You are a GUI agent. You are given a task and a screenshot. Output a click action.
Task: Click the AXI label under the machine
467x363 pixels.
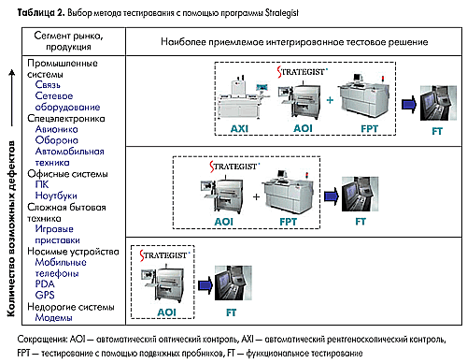(x=239, y=128)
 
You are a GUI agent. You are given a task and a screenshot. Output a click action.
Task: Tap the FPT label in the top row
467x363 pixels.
(x=369, y=128)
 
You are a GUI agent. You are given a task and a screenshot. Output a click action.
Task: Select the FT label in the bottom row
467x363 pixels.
(x=231, y=312)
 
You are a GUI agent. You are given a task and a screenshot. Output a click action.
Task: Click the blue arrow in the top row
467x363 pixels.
(x=409, y=104)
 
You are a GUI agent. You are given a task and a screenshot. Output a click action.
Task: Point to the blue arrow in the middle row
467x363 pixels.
(x=332, y=196)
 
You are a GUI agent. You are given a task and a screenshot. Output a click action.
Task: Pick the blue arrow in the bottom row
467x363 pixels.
(x=205, y=285)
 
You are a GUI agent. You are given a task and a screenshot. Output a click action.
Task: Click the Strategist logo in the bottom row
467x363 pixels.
(x=164, y=255)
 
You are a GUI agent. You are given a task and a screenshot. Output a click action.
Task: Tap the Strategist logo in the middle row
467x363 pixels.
(x=234, y=167)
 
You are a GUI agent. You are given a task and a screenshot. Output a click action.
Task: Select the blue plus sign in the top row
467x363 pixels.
(x=330, y=100)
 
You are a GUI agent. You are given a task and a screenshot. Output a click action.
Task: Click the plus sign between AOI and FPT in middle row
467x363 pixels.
(x=256, y=196)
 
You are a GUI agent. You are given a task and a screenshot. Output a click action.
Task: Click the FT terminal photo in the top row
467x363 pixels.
(x=438, y=103)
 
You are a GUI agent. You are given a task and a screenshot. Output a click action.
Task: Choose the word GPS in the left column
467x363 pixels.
(x=45, y=295)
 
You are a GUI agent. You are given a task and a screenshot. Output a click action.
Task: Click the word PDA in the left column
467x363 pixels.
(x=45, y=283)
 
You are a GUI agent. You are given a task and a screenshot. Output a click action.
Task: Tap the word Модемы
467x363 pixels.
(x=53, y=317)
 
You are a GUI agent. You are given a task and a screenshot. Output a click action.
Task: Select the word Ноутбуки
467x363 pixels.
(x=56, y=196)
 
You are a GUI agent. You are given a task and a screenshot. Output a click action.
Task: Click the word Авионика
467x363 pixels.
(x=56, y=129)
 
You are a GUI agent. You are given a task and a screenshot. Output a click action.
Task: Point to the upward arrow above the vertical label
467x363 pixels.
(x=12, y=97)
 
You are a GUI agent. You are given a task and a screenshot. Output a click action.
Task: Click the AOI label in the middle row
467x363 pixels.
(x=224, y=222)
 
